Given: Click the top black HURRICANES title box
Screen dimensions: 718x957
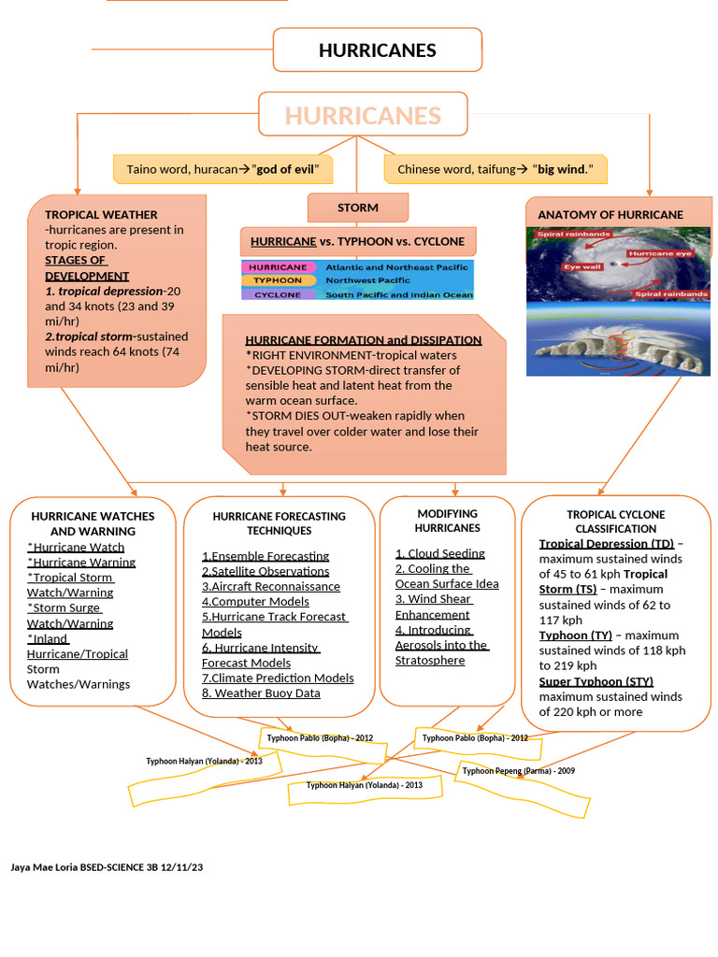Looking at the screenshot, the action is coord(378,50).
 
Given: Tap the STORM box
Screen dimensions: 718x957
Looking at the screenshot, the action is coord(358,207).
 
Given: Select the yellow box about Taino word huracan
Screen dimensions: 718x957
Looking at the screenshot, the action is coord(223,169).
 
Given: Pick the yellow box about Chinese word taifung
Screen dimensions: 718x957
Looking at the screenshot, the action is coord(495,169).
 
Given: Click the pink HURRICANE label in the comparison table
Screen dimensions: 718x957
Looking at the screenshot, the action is coord(279,267).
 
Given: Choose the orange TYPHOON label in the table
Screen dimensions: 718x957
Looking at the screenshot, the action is coord(279,280).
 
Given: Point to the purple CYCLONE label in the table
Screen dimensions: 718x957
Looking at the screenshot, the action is coord(279,294).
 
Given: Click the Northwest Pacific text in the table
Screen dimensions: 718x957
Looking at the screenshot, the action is coord(367,280).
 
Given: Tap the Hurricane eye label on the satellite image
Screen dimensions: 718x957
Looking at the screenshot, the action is coord(660,253).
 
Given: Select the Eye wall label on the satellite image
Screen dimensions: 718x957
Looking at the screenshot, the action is coord(583,266).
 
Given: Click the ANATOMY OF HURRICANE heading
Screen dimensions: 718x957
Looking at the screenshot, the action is coord(610,215).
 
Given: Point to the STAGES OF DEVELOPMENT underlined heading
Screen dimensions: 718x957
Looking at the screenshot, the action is coord(87,268).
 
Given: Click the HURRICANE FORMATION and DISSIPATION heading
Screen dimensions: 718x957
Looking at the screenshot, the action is coord(364,340).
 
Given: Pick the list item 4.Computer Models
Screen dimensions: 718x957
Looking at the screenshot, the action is coord(255,602).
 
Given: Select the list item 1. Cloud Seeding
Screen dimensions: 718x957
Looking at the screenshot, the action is coord(440,553).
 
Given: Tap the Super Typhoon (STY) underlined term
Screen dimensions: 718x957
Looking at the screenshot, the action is coord(596,681).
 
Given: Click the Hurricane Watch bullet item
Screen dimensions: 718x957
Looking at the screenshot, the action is coord(76,548).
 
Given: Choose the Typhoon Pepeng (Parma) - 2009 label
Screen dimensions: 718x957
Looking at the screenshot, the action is coord(518,771).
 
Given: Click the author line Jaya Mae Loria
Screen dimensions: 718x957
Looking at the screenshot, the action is coord(107,867).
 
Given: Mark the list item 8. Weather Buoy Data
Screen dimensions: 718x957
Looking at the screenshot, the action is coord(262,693).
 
